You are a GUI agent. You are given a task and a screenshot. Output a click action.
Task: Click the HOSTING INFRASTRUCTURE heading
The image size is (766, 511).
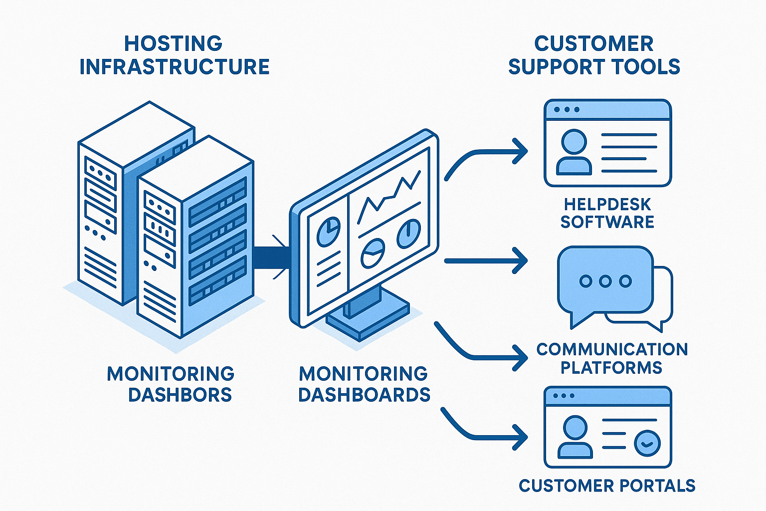point(174,55)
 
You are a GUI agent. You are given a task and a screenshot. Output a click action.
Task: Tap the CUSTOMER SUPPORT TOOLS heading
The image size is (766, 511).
point(593,55)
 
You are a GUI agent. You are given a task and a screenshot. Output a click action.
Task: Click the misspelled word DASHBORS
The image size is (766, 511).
point(180,395)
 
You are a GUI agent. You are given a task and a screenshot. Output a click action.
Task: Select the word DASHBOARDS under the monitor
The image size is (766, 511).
point(364,395)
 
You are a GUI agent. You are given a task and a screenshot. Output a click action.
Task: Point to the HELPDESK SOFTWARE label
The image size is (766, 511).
point(607,213)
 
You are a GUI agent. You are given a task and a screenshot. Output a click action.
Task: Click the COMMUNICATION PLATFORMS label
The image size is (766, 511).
point(612,358)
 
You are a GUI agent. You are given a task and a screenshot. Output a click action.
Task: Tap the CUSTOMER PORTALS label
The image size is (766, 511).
point(607,486)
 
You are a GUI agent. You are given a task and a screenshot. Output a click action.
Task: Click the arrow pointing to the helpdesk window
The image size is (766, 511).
point(486,155)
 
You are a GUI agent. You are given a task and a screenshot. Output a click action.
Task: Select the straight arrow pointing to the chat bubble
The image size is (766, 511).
point(486,260)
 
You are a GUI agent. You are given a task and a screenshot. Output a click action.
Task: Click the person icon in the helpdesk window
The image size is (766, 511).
point(574,152)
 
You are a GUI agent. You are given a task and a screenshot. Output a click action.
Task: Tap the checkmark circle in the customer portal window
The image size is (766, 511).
point(647,443)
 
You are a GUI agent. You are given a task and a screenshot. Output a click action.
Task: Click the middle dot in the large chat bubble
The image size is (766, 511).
point(605,281)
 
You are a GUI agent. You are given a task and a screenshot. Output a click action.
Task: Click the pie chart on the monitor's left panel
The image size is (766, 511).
point(328,232)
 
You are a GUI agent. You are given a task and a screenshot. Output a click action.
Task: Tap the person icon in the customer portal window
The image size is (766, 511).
point(575,438)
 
